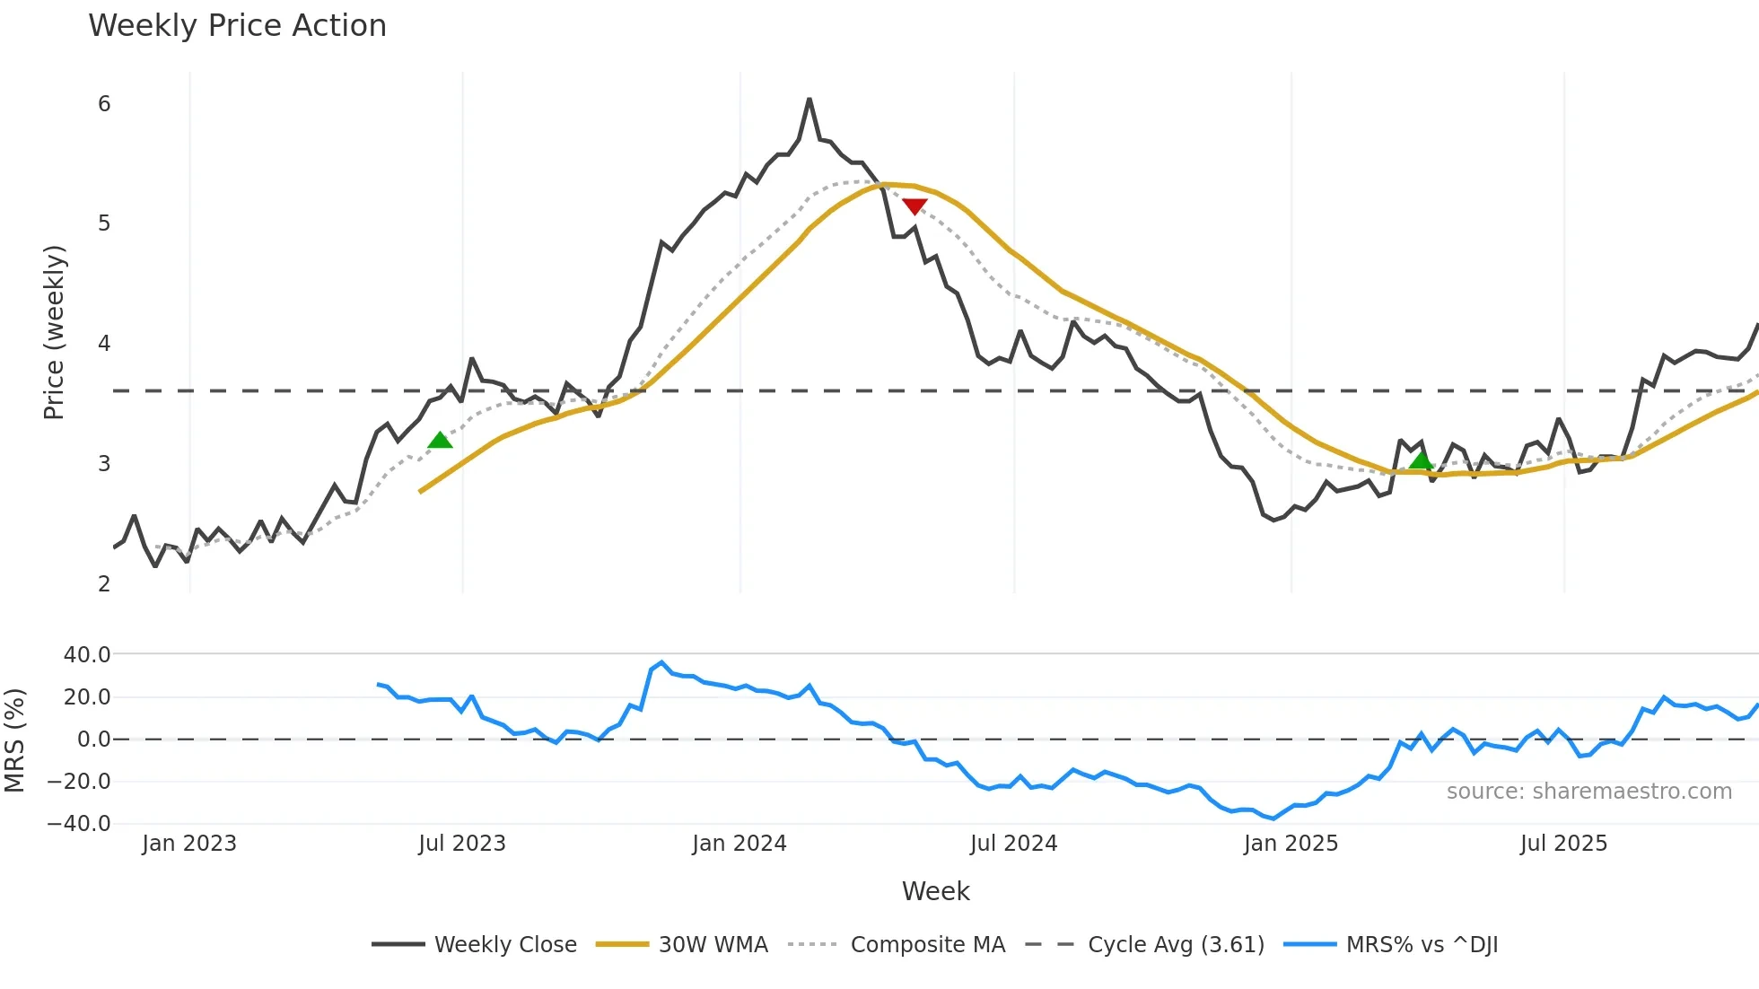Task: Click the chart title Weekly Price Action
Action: [x=237, y=26]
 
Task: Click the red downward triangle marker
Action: [x=915, y=206]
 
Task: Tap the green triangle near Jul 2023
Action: [x=440, y=440]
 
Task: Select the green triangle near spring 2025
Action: [x=1421, y=461]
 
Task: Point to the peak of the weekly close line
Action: [x=809, y=100]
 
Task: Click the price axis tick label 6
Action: [x=104, y=104]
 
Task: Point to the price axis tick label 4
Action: [x=104, y=344]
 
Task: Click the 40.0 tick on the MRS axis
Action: [x=87, y=655]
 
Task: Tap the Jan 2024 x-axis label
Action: [x=739, y=844]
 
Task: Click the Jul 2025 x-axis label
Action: [x=1563, y=844]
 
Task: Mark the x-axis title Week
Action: [x=935, y=891]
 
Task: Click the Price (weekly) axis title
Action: [x=54, y=332]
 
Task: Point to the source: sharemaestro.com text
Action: [x=1588, y=792]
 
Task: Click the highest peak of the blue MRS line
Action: [x=661, y=663]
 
